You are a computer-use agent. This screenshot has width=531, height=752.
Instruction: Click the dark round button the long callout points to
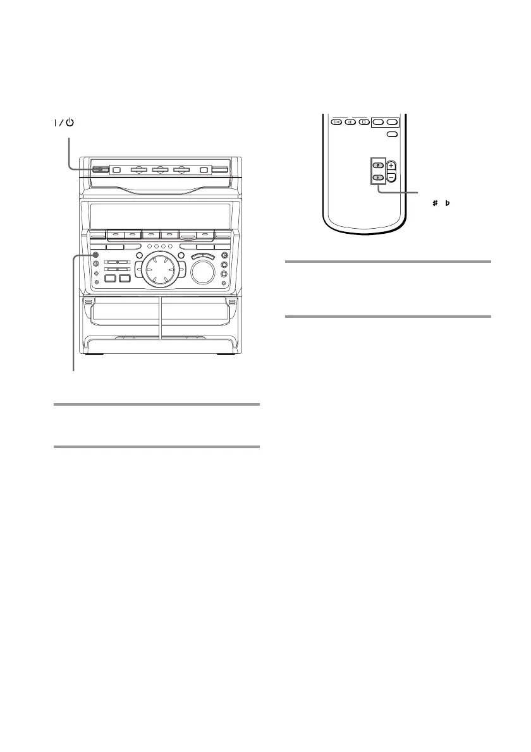tap(95, 256)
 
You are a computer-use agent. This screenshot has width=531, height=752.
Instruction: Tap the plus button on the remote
tap(391, 166)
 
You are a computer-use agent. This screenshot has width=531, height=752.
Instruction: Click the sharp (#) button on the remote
tap(377, 166)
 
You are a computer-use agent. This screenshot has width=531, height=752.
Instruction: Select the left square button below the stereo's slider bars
tap(109, 278)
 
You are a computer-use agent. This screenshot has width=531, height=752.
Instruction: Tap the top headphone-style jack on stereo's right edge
tap(224, 255)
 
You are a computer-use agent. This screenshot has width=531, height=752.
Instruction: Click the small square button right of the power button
tap(115, 169)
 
